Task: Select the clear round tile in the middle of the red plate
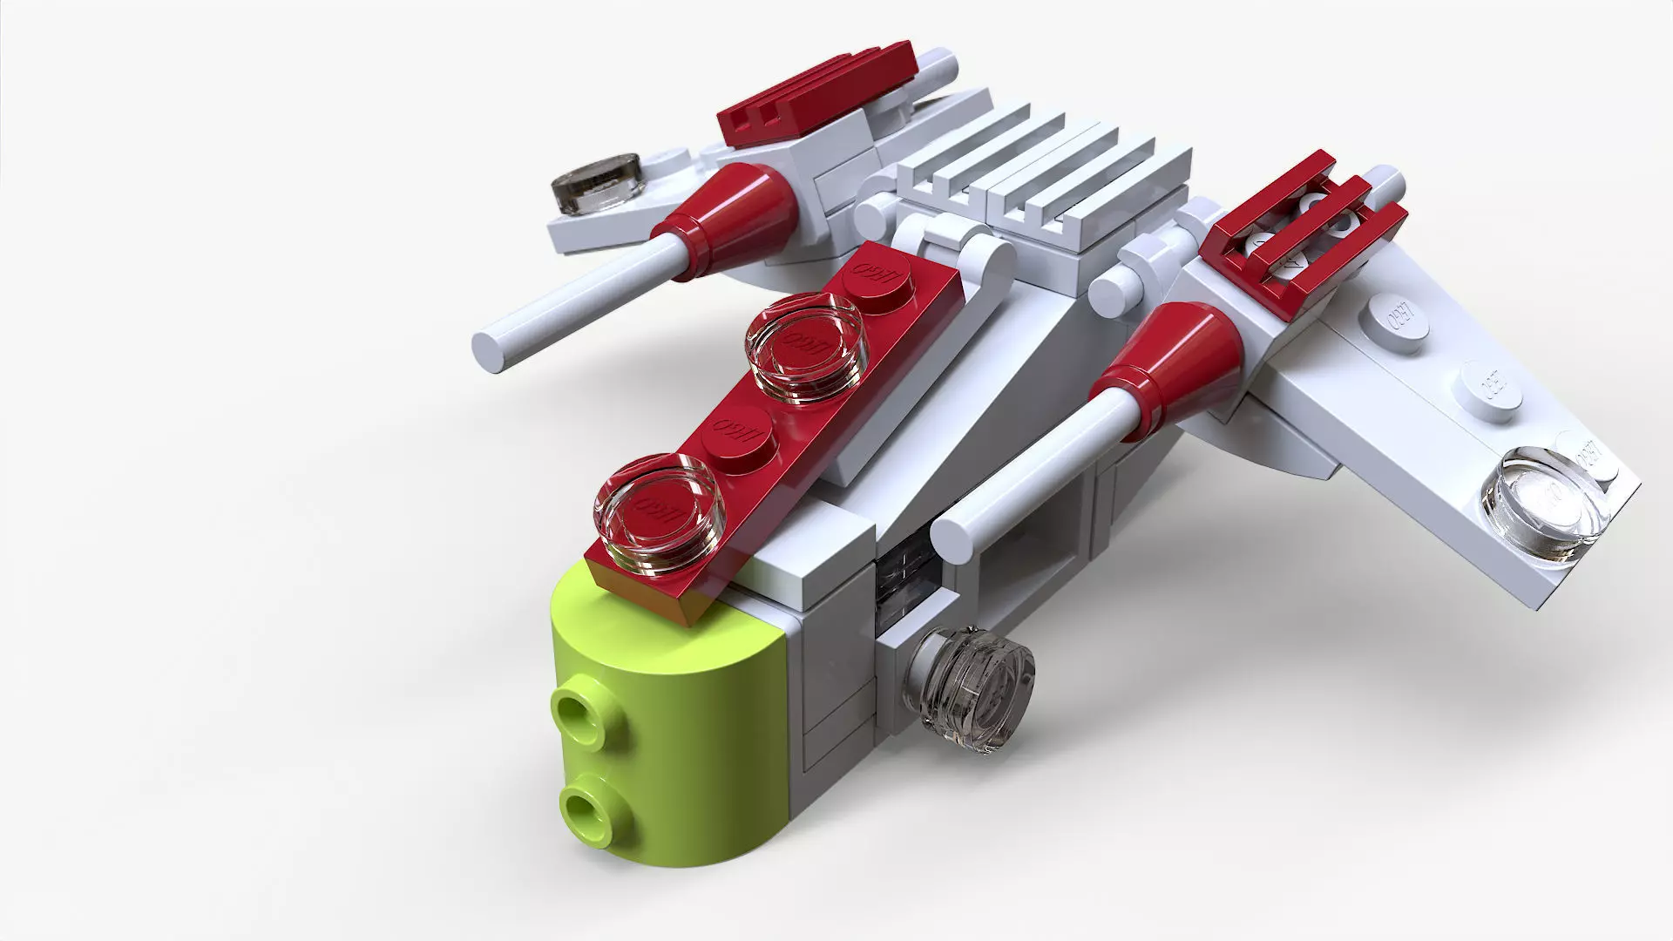(804, 346)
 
